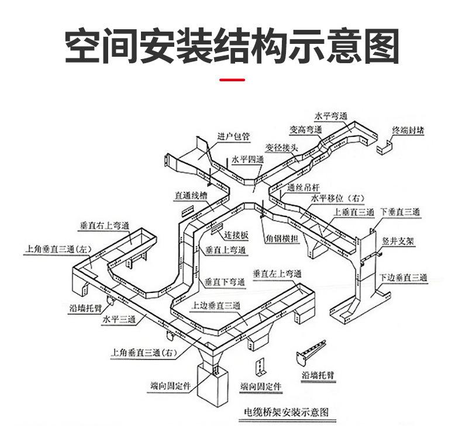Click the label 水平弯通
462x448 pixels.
point(331,116)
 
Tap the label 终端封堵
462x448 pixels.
point(408,130)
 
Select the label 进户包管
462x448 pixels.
point(234,136)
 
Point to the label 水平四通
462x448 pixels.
point(247,160)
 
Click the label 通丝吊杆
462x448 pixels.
point(303,187)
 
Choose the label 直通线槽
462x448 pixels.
point(191,195)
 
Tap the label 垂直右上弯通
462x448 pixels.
point(105,226)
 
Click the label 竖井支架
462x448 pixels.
point(398,241)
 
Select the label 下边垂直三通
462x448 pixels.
point(403,277)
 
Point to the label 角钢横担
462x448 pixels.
point(282,238)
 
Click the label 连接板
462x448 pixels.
point(236,235)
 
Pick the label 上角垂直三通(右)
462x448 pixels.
point(144,352)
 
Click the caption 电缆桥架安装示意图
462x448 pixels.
point(287,412)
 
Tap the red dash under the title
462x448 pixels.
point(232,80)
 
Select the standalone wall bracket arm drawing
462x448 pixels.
point(311,353)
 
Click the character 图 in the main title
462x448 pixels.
point(382,46)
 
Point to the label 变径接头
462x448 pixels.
point(282,147)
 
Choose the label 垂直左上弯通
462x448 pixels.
point(277,274)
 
